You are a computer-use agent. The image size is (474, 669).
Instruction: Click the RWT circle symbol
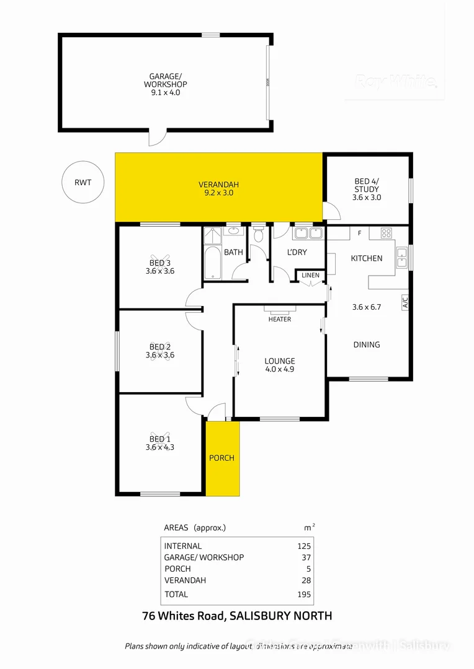(83, 182)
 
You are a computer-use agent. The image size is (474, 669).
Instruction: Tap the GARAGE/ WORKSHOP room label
(165, 84)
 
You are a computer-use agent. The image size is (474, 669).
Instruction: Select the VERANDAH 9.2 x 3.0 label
(218, 189)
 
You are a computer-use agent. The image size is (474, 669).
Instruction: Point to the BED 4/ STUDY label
(366, 189)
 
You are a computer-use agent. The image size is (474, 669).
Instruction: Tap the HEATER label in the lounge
(279, 320)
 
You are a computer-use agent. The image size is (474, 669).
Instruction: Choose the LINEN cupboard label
(310, 275)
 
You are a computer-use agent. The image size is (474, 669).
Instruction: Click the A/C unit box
(405, 303)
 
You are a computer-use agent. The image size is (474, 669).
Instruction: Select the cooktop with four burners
(386, 234)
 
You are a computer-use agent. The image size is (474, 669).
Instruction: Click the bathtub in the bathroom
(211, 261)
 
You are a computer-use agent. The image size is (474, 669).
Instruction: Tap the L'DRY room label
(297, 253)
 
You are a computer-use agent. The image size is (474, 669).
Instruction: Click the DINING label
(366, 345)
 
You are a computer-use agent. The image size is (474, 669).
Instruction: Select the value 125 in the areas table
(303, 546)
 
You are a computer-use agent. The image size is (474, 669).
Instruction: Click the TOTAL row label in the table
(176, 594)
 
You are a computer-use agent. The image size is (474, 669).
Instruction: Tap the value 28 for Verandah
(305, 580)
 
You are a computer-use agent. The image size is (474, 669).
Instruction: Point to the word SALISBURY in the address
(256, 616)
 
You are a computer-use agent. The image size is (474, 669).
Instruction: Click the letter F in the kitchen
(359, 233)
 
